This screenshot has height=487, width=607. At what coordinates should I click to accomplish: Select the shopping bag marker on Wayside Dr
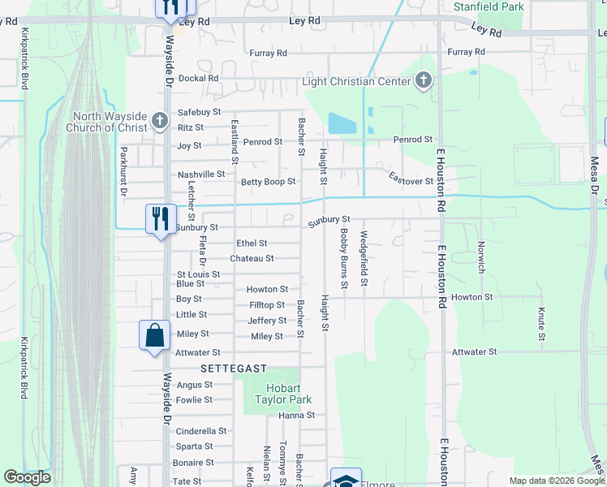click(x=154, y=335)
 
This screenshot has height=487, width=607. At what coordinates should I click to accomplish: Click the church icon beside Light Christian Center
click(x=423, y=80)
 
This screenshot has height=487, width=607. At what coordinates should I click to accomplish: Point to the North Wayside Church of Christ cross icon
click(x=160, y=122)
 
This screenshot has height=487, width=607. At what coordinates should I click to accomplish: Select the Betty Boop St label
click(x=268, y=182)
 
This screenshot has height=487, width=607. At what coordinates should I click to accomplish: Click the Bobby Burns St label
click(x=344, y=258)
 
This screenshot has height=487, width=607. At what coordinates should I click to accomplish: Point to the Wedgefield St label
click(x=364, y=259)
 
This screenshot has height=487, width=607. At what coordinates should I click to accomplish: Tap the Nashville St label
click(x=201, y=175)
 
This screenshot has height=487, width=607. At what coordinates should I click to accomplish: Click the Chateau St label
click(x=252, y=258)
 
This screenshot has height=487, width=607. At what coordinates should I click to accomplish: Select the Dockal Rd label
click(x=199, y=79)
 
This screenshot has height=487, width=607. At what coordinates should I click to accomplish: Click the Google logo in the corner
click(x=27, y=478)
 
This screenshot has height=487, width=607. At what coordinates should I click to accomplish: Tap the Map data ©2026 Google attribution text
click(x=555, y=481)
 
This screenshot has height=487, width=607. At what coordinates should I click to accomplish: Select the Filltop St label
click(x=268, y=305)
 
